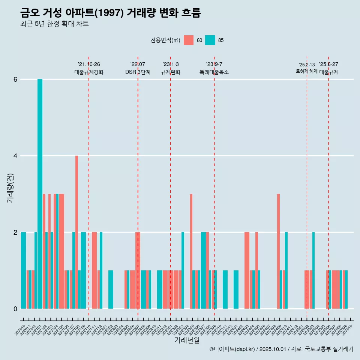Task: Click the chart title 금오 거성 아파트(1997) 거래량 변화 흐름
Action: point(111,13)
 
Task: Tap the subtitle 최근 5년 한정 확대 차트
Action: point(54,24)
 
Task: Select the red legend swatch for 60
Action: point(189,40)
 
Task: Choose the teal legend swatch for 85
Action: point(210,40)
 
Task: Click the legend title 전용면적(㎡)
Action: point(165,40)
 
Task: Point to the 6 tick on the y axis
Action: point(15,79)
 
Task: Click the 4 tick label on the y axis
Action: point(15,156)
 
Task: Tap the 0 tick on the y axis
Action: point(15,309)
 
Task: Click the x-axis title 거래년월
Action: point(187,340)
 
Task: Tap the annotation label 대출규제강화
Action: point(89,72)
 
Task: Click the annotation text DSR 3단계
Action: point(138,72)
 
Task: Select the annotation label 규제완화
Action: point(171,72)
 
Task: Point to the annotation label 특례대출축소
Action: point(214,72)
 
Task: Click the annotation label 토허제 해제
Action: point(307,71)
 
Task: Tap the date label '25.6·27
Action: point(328,64)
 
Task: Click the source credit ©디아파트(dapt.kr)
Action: point(233,349)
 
